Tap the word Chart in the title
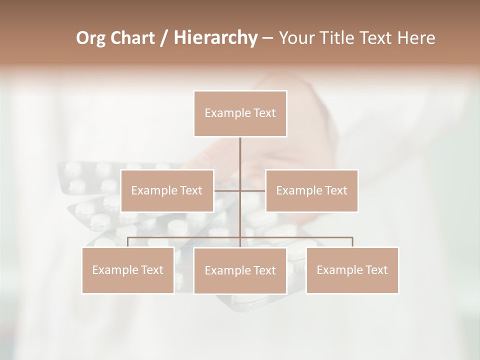[130, 38]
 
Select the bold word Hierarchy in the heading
[215, 38]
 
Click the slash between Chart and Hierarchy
[163, 38]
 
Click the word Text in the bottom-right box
[375, 270]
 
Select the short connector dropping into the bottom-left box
[127, 242]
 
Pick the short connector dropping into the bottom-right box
[352, 242]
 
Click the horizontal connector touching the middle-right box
[253, 190]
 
